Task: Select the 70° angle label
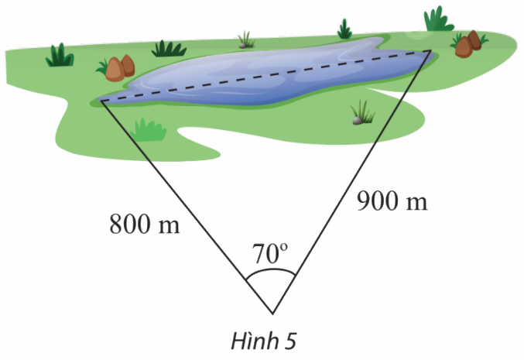tap(270, 253)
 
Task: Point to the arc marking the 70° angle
tap(271, 270)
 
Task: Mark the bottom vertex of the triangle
tap(272, 314)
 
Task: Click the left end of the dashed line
tap(101, 101)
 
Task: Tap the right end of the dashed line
tap(430, 52)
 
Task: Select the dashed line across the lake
tap(266, 77)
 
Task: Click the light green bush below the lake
tap(148, 129)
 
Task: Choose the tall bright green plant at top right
tap(438, 19)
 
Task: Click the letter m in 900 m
tap(416, 204)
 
